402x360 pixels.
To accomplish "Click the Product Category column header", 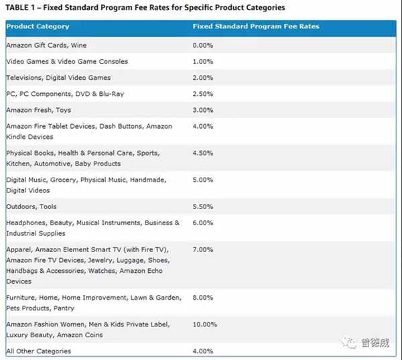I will tap(38, 27).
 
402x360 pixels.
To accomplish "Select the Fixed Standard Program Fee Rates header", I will tap(256, 27).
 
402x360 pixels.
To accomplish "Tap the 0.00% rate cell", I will tap(203, 45).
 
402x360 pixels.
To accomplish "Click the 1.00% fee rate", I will tap(203, 61).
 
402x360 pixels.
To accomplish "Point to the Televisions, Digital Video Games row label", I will tap(58, 78).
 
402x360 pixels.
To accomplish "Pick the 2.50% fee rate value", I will tap(203, 94).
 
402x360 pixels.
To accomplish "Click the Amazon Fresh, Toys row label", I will tap(38, 110).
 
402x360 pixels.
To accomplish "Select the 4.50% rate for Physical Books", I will tap(203, 153).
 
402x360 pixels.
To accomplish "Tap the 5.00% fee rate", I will tap(203, 180).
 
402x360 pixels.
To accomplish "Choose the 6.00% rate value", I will tap(203, 223).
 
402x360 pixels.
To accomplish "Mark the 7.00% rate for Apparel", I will tap(203, 249).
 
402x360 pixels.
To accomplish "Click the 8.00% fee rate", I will tap(203, 297).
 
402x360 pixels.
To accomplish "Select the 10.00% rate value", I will tap(205, 324).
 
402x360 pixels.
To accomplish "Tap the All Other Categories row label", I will tap(38, 351).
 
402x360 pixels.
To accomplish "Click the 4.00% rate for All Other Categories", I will tap(203, 351).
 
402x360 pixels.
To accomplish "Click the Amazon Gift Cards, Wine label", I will tap(46, 45).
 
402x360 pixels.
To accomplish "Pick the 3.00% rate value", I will tap(203, 110).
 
